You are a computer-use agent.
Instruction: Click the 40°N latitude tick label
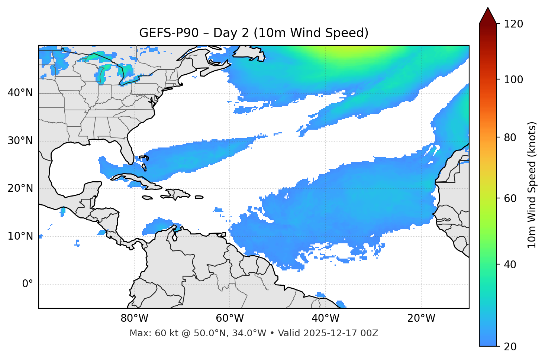coord(20,93)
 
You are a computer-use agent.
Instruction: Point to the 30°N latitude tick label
coord(20,141)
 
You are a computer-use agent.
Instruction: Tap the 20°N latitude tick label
coord(20,188)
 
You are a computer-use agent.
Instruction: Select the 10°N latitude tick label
coord(20,236)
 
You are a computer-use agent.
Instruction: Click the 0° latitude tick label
coord(28,284)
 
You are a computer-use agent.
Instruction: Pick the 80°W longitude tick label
coord(134,318)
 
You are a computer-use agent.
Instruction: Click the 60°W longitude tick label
coord(230,318)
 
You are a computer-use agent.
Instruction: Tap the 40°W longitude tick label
coord(325,318)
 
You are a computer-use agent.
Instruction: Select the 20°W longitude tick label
coord(421,318)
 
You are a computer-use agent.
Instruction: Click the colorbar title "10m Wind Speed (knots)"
coord(532,185)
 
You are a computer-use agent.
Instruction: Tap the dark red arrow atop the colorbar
coord(488,16)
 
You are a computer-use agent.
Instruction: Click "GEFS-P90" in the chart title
coord(162,33)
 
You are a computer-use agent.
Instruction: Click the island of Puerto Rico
coord(199,197)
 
